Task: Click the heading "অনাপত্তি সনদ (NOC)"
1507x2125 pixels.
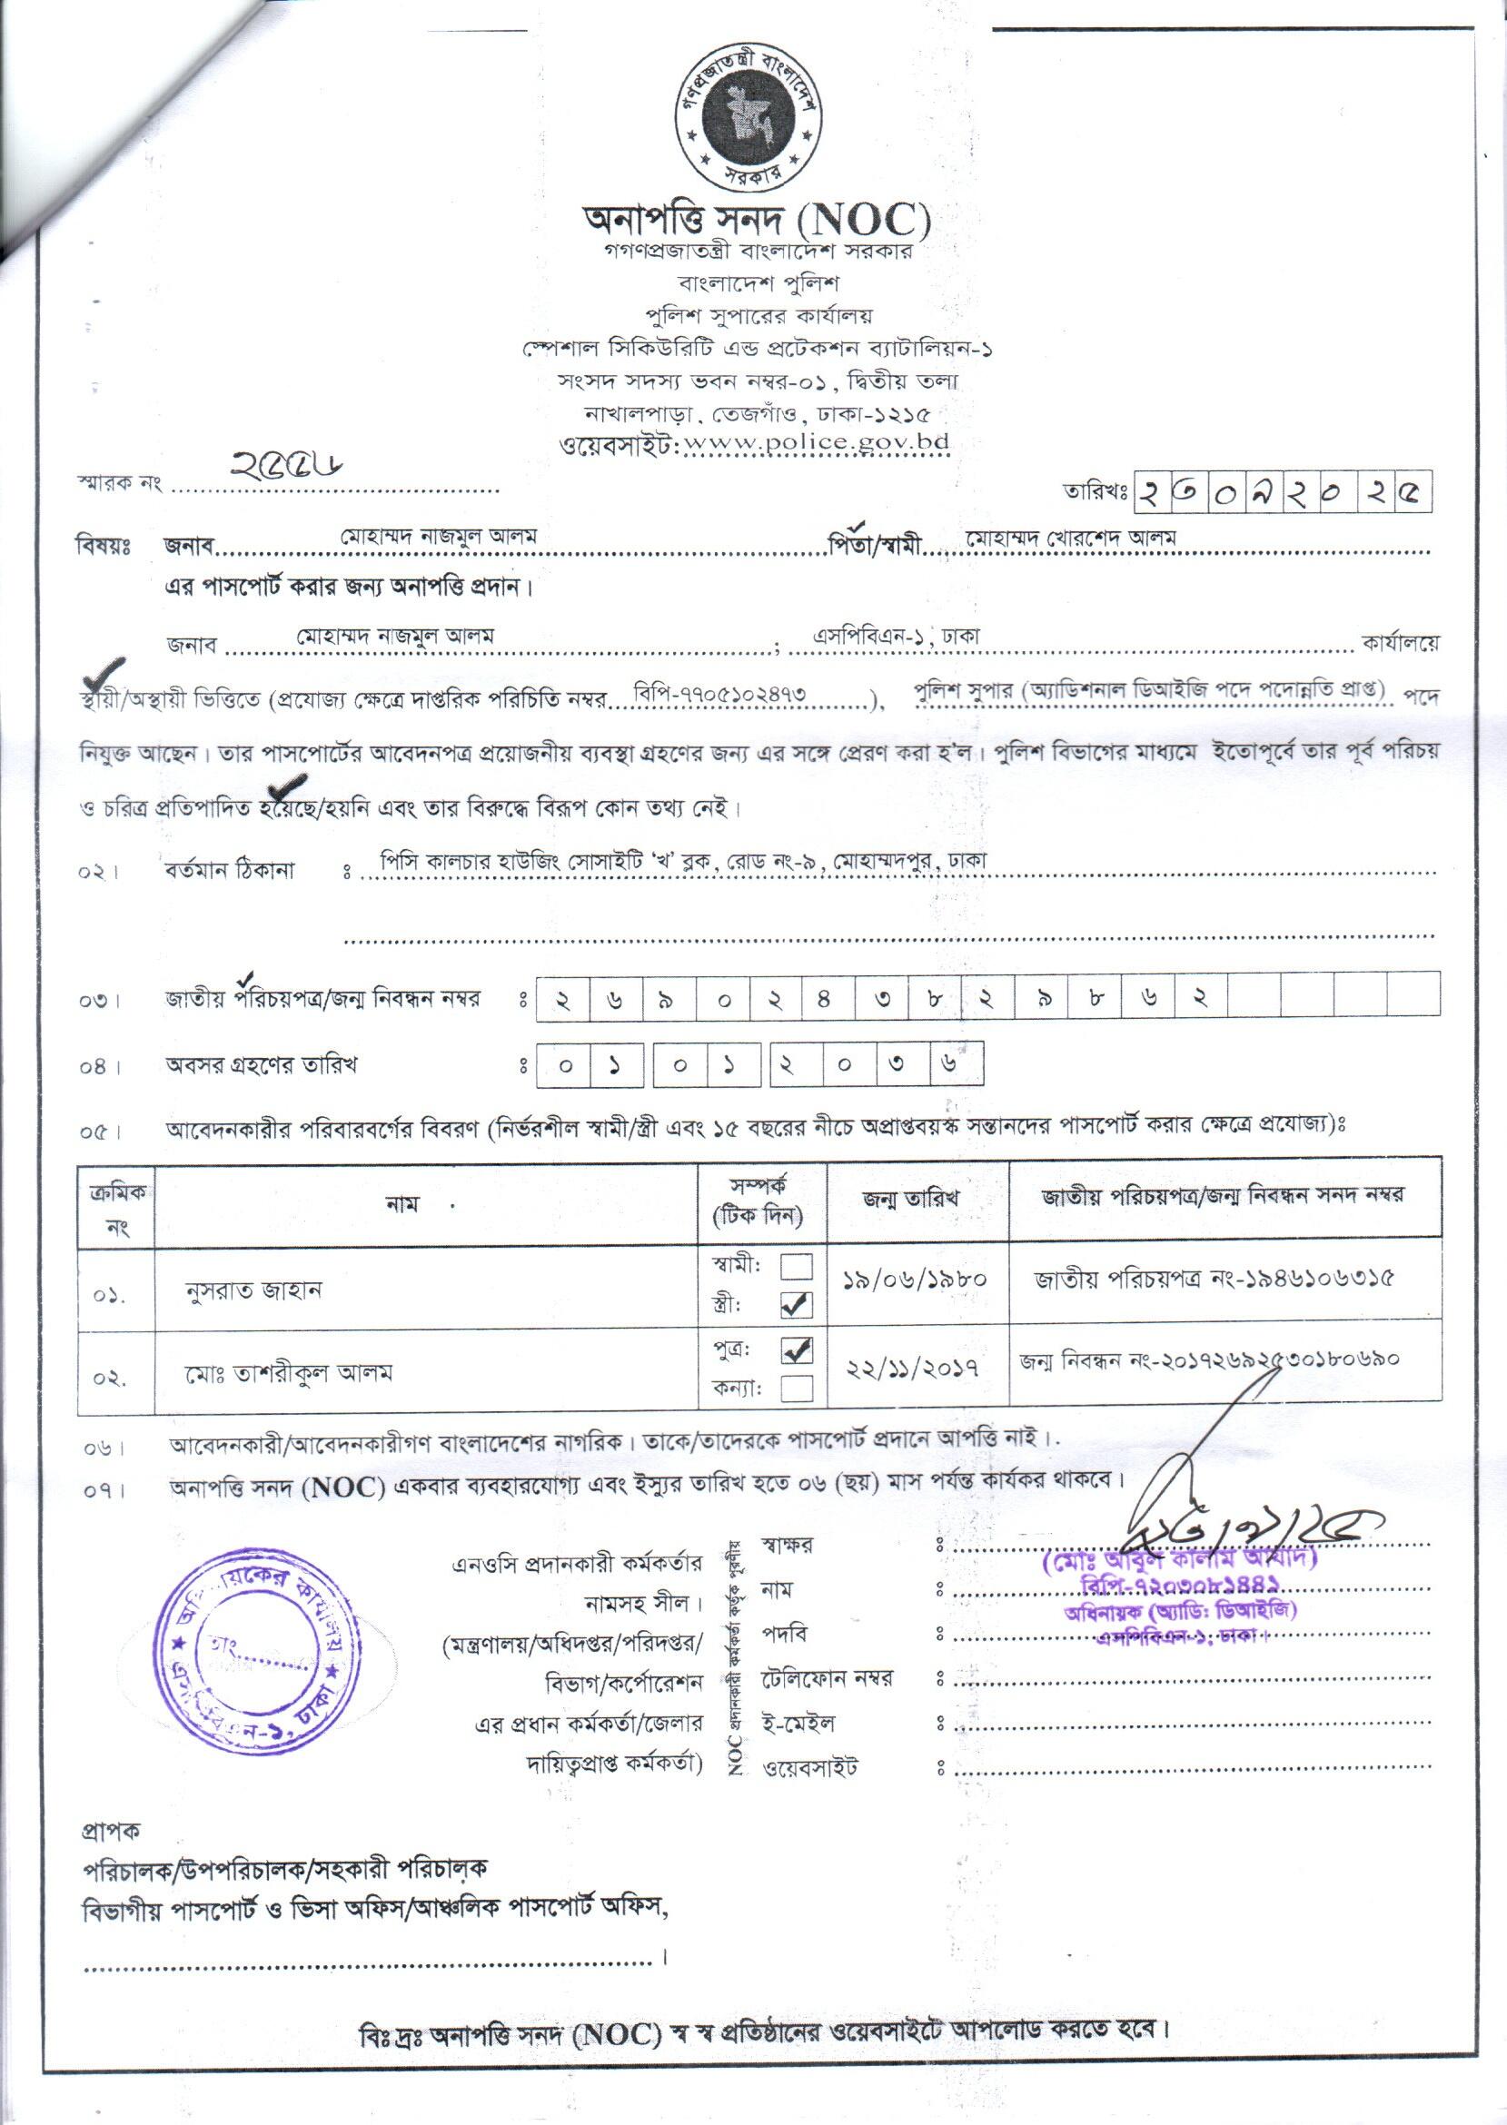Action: coord(757,220)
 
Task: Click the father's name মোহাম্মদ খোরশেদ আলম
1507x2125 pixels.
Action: coord(1072,538)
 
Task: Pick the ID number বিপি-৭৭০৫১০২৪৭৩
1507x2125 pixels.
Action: coord(719,693)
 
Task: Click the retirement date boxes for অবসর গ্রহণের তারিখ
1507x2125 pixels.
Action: coord(759,1065)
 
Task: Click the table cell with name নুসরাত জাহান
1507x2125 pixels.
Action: coord(253,1290)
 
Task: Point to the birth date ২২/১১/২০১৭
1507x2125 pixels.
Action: coord(913,1369)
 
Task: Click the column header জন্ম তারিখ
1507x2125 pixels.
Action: coord(911,1198)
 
